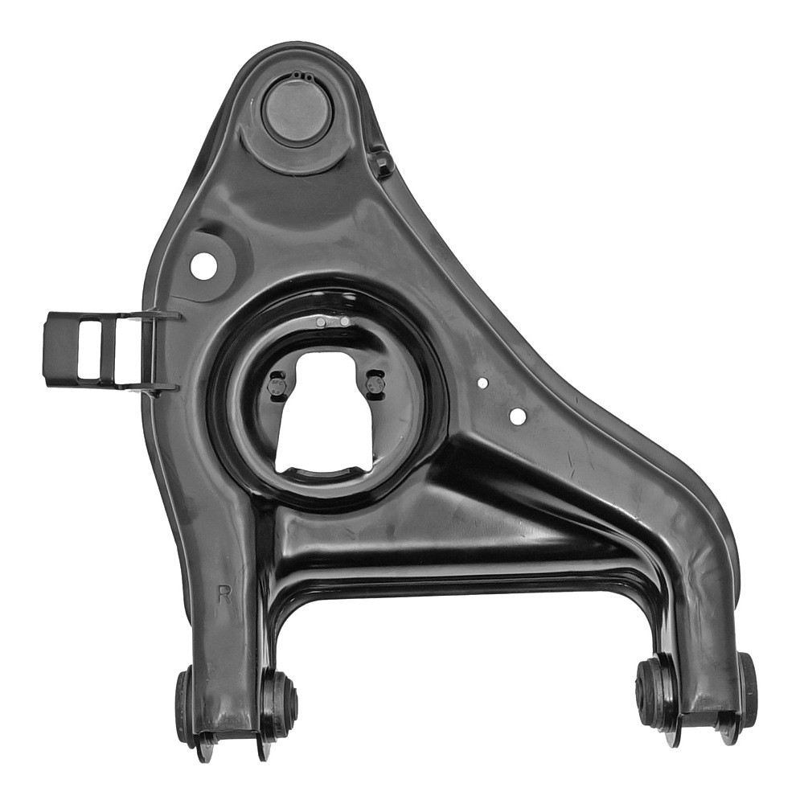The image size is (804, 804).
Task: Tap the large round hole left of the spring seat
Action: [203, 265]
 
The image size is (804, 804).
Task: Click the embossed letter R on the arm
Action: [224, 594]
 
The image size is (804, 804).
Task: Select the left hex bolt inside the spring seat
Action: [275, 385]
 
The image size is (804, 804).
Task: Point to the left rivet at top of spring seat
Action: [321, 322]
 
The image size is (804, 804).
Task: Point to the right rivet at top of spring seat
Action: [345, 322]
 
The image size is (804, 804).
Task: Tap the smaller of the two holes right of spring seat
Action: [482, 382]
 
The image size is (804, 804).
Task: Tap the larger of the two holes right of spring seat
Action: [518, 415]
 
